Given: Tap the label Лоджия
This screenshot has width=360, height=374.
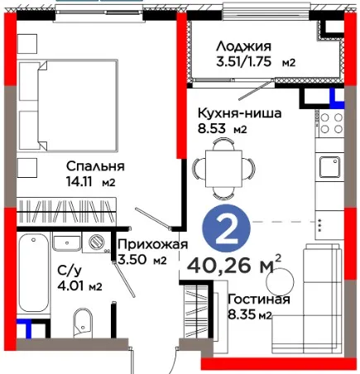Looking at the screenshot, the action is (x=243, y=46).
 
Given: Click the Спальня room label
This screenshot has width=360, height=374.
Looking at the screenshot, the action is (x=95, y=166).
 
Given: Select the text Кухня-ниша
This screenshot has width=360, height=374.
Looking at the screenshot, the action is (x=240, y=113).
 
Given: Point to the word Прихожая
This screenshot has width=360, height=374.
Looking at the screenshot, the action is (x=153, y=244).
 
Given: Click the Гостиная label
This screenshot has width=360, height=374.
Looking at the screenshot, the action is (x=259, y=299).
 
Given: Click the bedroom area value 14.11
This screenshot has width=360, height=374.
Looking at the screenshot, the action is (x=79, y=182).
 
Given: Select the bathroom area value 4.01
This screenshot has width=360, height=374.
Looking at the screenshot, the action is (x=70, y=285).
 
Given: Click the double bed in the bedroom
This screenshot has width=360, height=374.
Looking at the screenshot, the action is (x=69, y=105).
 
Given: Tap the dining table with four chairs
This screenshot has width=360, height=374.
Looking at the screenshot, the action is (x=223, y=169).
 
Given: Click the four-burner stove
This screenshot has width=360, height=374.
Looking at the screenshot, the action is (x=330, y=122).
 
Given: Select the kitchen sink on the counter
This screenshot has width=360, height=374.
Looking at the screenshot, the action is (x=329, y=167).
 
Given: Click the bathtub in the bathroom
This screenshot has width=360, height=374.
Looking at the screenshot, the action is (x=34, y=273).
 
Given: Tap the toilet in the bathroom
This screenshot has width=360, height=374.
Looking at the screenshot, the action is (x=83, y=322).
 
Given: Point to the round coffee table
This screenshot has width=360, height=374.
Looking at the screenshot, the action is (x=280, y=282).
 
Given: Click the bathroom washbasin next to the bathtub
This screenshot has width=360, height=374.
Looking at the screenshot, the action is (x=67, y=242).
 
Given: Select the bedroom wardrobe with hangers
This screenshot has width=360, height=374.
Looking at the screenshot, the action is (x=66, y=210).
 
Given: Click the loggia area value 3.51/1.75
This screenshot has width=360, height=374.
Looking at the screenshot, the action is (x=243, y=61).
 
